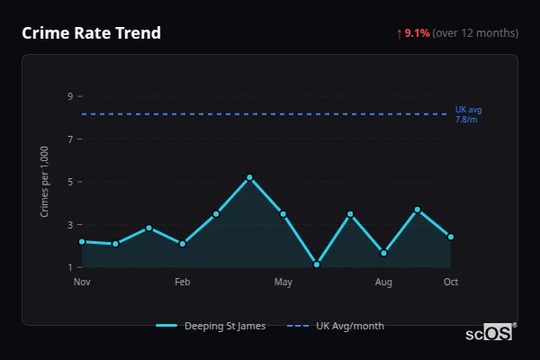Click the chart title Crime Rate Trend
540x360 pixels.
pyautogui.click(x=92, y=33)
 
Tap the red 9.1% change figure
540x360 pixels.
pyautogui.click(x=417, y=33)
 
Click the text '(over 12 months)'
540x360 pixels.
pyautogui.click(x=475, y=33)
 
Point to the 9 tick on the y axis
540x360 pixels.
pyautogui.click(x=70, y=96)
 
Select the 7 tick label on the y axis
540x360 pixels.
pyautogui.click(x=70, y=139)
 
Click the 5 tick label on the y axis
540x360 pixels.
pyautogui.click(x=70, y=182)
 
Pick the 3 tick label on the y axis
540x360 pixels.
pyautogui.click(x=70, y=225)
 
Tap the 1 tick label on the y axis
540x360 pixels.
pyautogui.click(x=70, y=267)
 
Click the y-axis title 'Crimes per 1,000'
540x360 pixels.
pyautogui.click(x=45, y=181)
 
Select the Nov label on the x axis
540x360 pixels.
pyautogui.click(x=82, y=283)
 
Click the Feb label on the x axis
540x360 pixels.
pyautogui.click(x=183, y=283)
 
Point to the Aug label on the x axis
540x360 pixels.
pyautogui.click(x=383, y=283)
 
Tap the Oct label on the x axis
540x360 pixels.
pyautogui.click(x=451, y=283)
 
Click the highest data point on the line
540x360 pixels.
pyautogui.click(x=249, y=177)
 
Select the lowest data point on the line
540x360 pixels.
pyautogui.click(x=317, y=265)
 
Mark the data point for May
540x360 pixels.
pyautogui.click(x=283, y=213)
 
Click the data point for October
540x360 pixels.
pyautogui.click(x=451, y=237)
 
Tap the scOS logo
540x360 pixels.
pyautogui.click(x=490, y=333)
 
